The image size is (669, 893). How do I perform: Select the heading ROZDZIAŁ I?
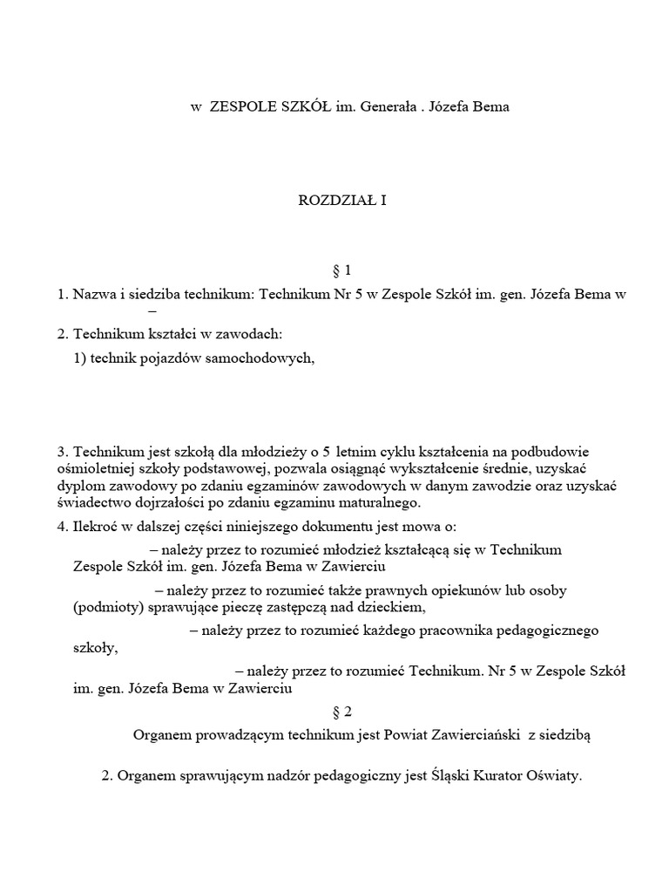point(342,200)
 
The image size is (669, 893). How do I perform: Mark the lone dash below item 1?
point(152,311)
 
